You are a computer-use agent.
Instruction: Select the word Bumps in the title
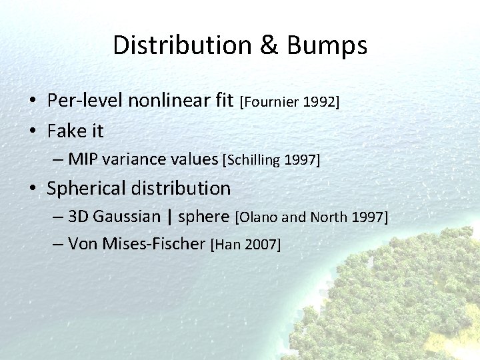327,45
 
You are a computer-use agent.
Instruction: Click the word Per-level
85,101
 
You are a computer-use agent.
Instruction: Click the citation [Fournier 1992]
290,102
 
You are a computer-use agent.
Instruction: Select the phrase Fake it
75,131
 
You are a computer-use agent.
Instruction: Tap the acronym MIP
82,159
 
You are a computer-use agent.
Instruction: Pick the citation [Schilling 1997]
272,160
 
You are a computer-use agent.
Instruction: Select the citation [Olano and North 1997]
312,217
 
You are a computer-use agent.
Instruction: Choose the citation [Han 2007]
245,245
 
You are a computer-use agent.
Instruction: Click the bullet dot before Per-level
32,101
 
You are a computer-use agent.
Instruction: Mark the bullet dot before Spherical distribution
32,189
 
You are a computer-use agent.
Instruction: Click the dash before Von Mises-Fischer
57,244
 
